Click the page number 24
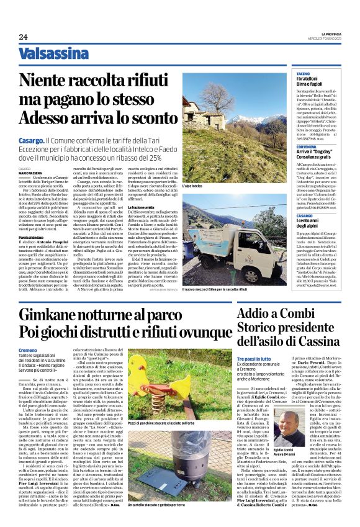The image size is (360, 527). tap(23, 37)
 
